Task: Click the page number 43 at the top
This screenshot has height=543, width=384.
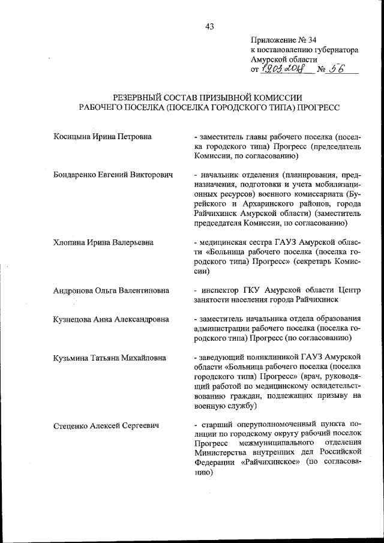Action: (x=209, y=26)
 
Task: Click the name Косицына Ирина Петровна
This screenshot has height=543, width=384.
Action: (x=102, y=137)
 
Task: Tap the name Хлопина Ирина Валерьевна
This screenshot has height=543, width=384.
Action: (x=103, y=242)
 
